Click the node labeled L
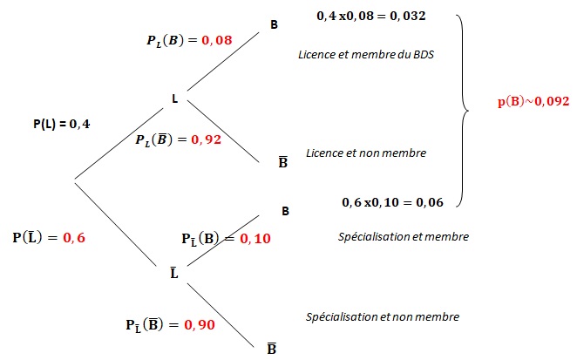pyautogui.click(x=175, y=98)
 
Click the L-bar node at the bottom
pyautogui.click(x=174, y=273)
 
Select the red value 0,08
pyautogui.click(x=217, y=40)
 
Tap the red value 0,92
pyautogui.click(x=206, y=139)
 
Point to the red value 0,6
pyautogui.click(x=74, y=238)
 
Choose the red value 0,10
pyautogui.click(x=255, y=239)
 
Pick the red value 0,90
pyautogui.click(x=200, y=324)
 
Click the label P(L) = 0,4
pyautogui.click(x=62, y=124)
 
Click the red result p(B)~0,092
pyautogui.click(x=533, y=101)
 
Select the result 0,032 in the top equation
pyautogui.click(x=408, y=17)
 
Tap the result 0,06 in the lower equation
pyautogui.click(x=430, y=202)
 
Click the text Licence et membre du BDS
pyautogui.click(x=366, y=54)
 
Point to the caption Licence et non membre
pyautogui.click(x=366, y=153)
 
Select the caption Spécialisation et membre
pyautogui.click(x=404, y=237)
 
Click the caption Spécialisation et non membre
pyautogui.click(x=383, y=317)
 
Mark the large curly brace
pyautogui.click(x=464, y=111)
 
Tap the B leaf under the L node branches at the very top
pyautogui.click(x=275, y=24)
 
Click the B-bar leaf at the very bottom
pyautogui.click(x=272, y=348)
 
